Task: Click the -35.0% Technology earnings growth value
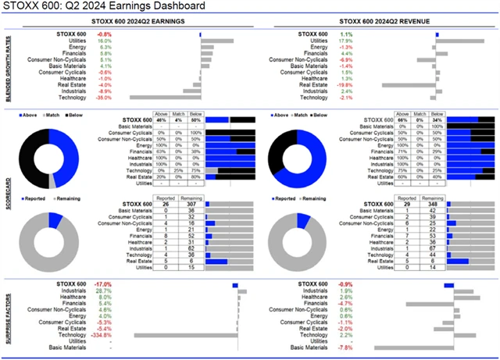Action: pyautogui.click(x=102, y=98)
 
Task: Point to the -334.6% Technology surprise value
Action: pyautogui.click(x=101, y=336)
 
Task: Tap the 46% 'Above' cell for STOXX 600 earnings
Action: pyautogui.click(x=162, y=119)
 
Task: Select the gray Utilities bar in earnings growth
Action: pyautogui.click(x=217, y=41)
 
